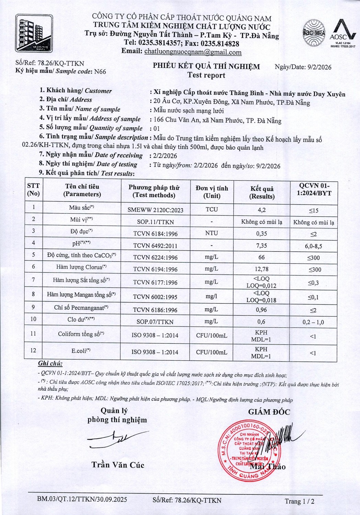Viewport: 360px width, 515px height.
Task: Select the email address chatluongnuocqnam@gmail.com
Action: [x=193, y=52]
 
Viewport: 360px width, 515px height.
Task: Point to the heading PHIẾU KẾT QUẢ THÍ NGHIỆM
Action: [x=206, y=66]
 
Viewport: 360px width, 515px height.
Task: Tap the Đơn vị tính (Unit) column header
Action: [x=212, y=192]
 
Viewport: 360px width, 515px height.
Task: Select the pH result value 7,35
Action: [x=261, y=245]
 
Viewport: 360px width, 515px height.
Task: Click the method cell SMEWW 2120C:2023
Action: [x=155, y=210]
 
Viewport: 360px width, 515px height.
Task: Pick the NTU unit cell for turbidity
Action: [x=212, y=233]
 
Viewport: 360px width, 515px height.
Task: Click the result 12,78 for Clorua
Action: [x=261, y=269]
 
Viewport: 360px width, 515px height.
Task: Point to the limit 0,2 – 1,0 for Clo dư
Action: [x=313, y=322]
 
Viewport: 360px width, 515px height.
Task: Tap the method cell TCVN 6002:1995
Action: [x=155, y=297]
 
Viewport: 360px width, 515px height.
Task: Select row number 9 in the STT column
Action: [x=33, y=307]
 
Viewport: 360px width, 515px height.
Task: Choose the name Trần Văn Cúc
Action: [x=118, y=465]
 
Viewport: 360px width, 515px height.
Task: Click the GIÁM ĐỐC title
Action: [x=269, y=412]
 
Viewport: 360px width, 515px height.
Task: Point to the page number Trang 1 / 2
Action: [x=299, y=501]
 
